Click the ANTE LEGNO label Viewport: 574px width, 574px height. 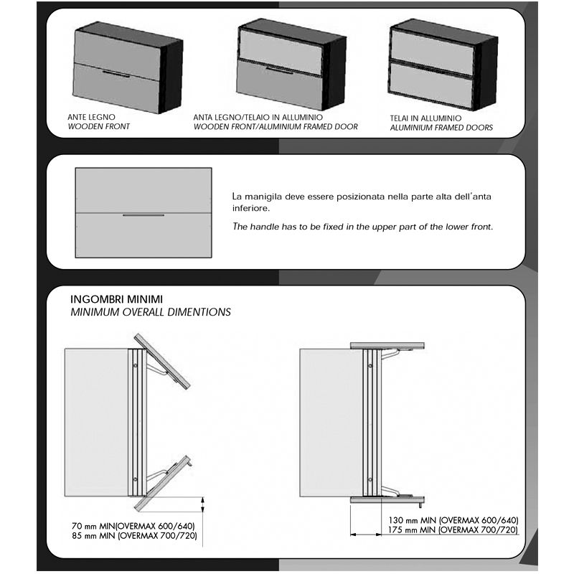click(x=91, y=117)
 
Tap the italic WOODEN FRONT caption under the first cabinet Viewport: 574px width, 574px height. click(x=99, y=127)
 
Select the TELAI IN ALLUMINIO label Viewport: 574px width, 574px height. click(x=425, y=118)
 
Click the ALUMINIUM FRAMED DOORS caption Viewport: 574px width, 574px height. click(x=441, y=128)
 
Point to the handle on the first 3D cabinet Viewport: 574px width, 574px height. click(x=116, y=75)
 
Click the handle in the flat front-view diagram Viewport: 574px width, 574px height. click(x=143, y=215)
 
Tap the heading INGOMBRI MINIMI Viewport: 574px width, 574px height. click(x=116, y=299)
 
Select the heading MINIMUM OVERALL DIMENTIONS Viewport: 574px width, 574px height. click(x=151, y=312)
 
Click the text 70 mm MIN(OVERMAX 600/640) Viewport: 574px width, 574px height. click(x=133, y=526)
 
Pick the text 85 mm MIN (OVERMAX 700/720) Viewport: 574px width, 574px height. click(x=134, y=535)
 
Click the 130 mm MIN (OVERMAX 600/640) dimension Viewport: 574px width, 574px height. click(x=453, y=520)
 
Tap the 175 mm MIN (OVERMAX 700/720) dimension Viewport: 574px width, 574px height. click(x=453, y=530)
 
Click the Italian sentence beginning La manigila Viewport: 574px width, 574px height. click(x=362, y=202)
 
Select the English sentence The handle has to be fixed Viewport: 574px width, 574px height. click(x=363, y=227)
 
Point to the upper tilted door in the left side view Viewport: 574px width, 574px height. click(x=162, y=361)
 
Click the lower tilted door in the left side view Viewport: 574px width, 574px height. click(x=162, y=484)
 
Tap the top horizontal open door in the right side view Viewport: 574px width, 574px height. click(x=387, y=346)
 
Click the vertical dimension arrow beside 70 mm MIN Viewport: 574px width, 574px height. click(x=203, y=504)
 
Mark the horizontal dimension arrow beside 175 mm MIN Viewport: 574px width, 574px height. click(x=366, y=535)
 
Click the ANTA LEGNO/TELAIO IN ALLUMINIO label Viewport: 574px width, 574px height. click(x=258, y=117)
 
